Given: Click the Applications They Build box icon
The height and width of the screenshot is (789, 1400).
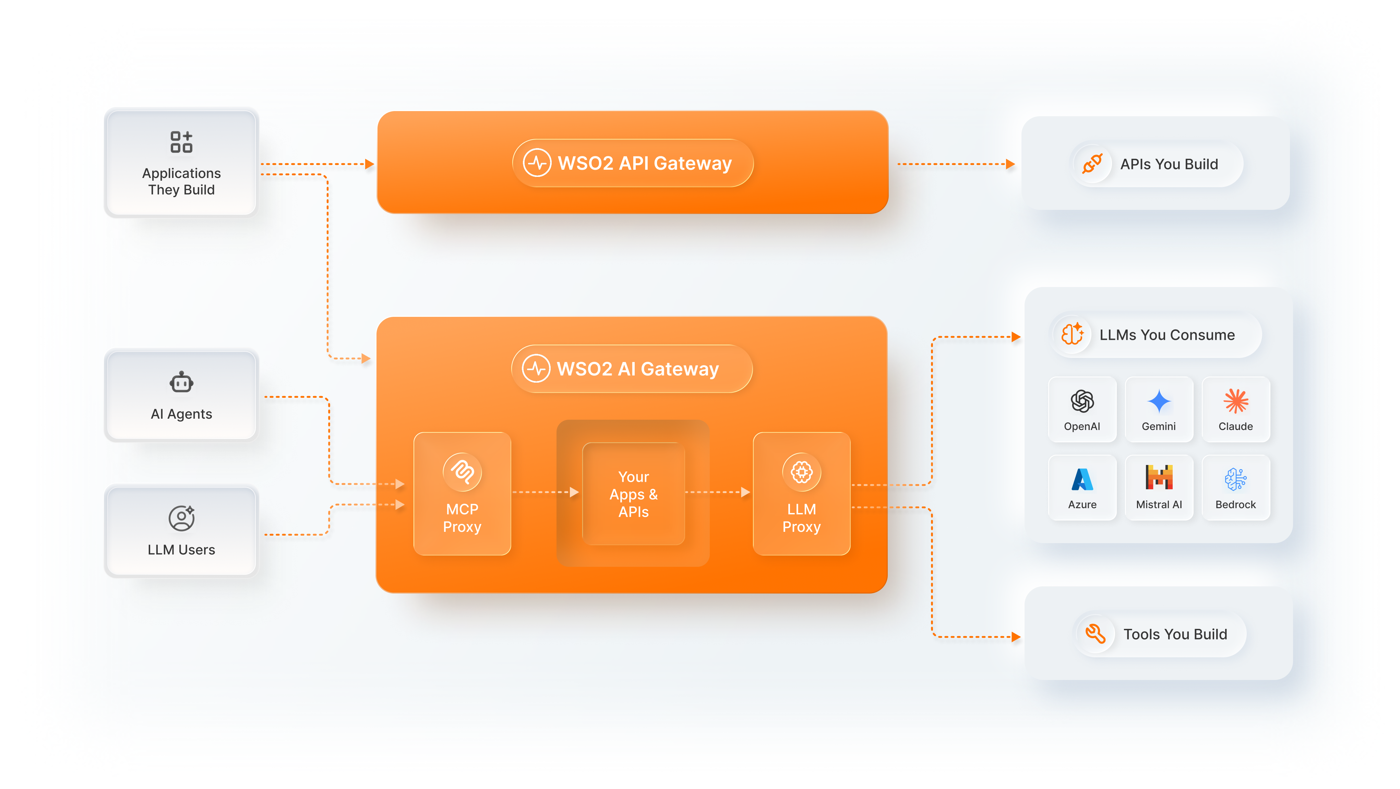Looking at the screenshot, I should [x=181, y=142].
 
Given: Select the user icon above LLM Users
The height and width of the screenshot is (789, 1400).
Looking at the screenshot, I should [x=181, y=518].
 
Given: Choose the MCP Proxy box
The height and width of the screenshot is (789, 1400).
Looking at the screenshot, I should [x=462, y=493].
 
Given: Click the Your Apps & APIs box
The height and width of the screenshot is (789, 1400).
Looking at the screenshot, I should [x=633, y=493].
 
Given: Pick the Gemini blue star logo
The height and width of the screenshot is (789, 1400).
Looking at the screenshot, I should [x=1158, y=402].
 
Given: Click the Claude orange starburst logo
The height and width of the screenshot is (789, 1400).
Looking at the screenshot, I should [x=1235, y=402].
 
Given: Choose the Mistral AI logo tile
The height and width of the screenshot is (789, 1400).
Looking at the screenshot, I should [x=1158, y=487].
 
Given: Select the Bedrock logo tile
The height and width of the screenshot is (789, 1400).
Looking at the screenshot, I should [x=1235, y=487].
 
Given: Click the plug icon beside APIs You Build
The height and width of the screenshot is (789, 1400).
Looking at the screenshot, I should [x=1091, y=164].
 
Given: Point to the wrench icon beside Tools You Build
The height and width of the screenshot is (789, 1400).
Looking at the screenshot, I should [x=1094, y=634].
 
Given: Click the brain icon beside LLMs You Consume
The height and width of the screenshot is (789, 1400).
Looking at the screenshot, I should [x=1072, y=334].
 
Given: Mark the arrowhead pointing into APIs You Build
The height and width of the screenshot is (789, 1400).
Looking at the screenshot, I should [x=1010, y=164].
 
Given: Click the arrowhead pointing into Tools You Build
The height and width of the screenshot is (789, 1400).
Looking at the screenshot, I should [x=1015, y=637].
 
